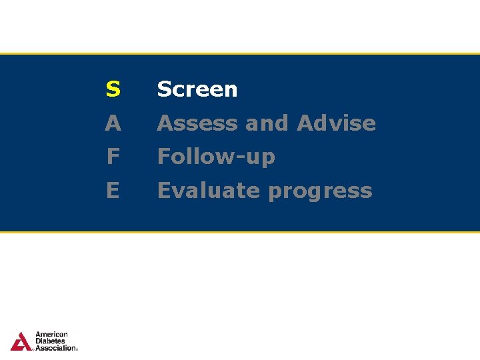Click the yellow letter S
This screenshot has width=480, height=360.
(113, 89)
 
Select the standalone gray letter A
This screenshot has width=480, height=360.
(113, 123)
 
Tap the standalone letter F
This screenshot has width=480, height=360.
(113, 157)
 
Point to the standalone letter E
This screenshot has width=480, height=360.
(113, 191)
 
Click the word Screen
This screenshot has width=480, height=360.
(197, 89)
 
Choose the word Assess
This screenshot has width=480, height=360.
(190, 123)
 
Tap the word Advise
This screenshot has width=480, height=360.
(337, 123)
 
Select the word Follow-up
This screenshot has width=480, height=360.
(216, 157)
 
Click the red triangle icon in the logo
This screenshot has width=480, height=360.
(21, 341)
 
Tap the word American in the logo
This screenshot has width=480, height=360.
(51, 335)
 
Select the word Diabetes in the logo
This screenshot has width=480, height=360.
(50, 341)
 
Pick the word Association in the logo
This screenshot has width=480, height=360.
(55, 348)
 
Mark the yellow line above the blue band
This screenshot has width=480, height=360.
(240, 53)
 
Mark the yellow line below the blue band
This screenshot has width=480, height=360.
(240, 232)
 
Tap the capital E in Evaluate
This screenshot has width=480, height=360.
(164, 191)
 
